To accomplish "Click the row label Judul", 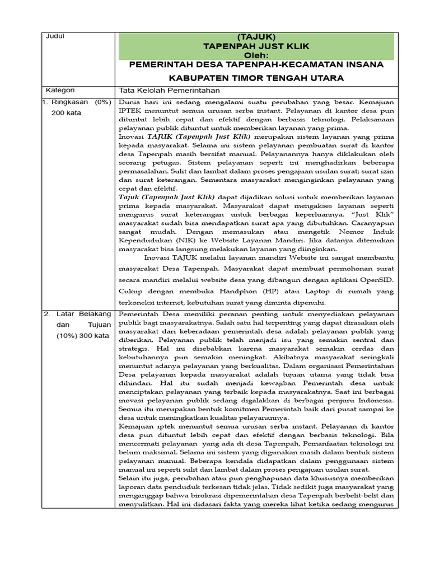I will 57,36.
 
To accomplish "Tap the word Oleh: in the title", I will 257,55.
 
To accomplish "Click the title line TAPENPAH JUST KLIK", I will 257,45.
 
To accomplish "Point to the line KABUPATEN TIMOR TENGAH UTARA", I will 257,77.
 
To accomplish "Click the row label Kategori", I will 62,91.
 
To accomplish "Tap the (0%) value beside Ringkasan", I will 104,102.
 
